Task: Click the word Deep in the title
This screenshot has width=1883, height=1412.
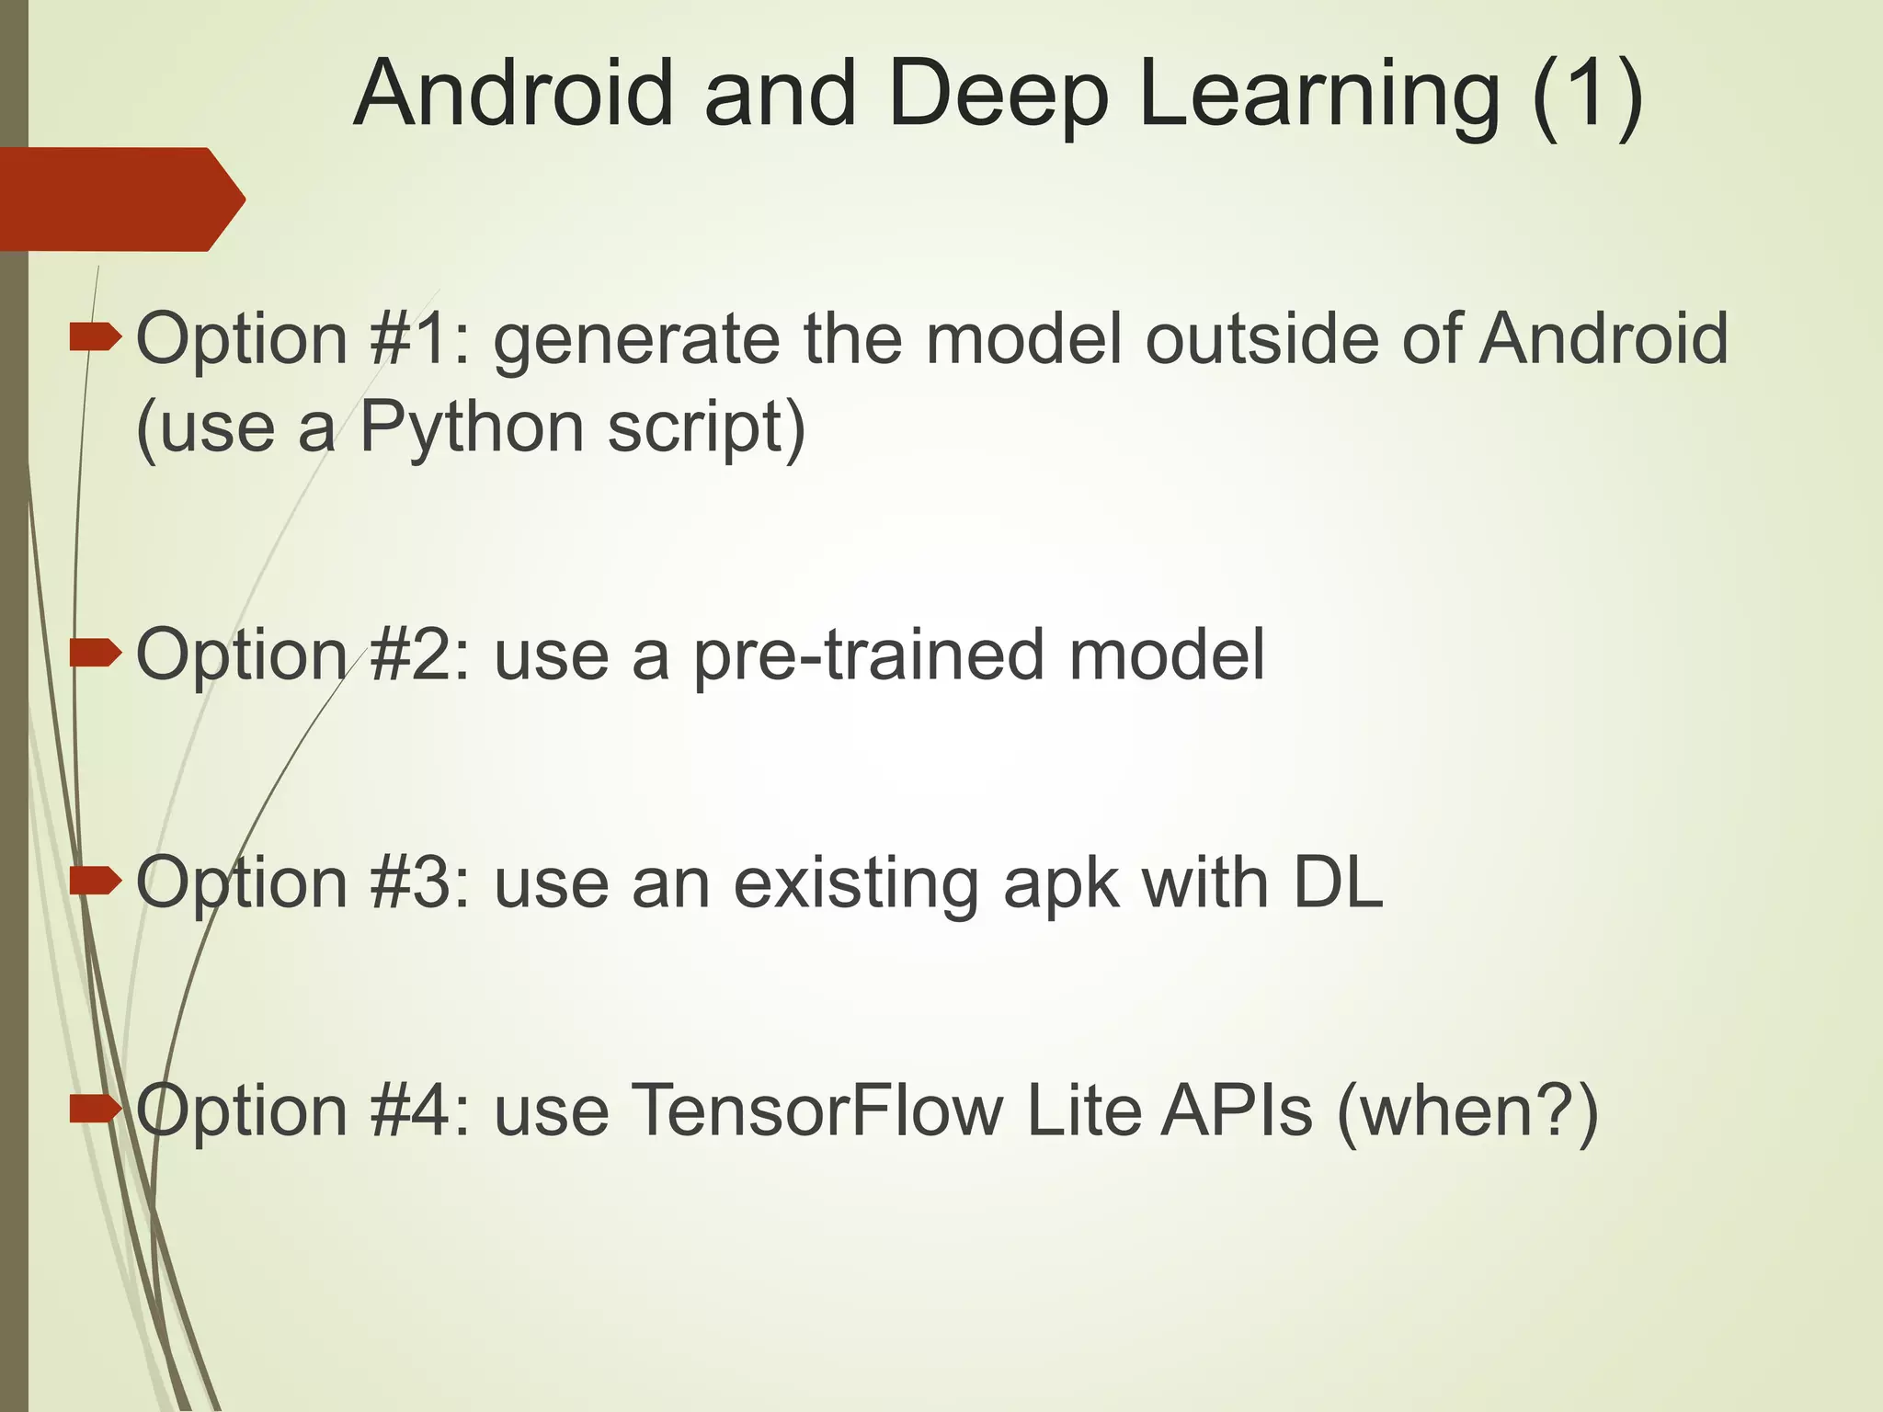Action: click(999, 95)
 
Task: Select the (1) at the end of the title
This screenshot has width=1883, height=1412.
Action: click(1587, 95)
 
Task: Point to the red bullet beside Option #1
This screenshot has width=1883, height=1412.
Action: click(96, 339)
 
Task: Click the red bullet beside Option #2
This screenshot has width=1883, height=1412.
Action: click(96, 654)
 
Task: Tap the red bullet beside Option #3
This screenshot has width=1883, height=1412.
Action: click(96, 882)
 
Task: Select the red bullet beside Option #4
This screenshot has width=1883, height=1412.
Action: click(96, 1110)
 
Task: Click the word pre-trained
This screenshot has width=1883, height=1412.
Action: click(868, 656)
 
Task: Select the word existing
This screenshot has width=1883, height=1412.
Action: click(854, 884)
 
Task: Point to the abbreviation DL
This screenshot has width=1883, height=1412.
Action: click(1337, 882)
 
